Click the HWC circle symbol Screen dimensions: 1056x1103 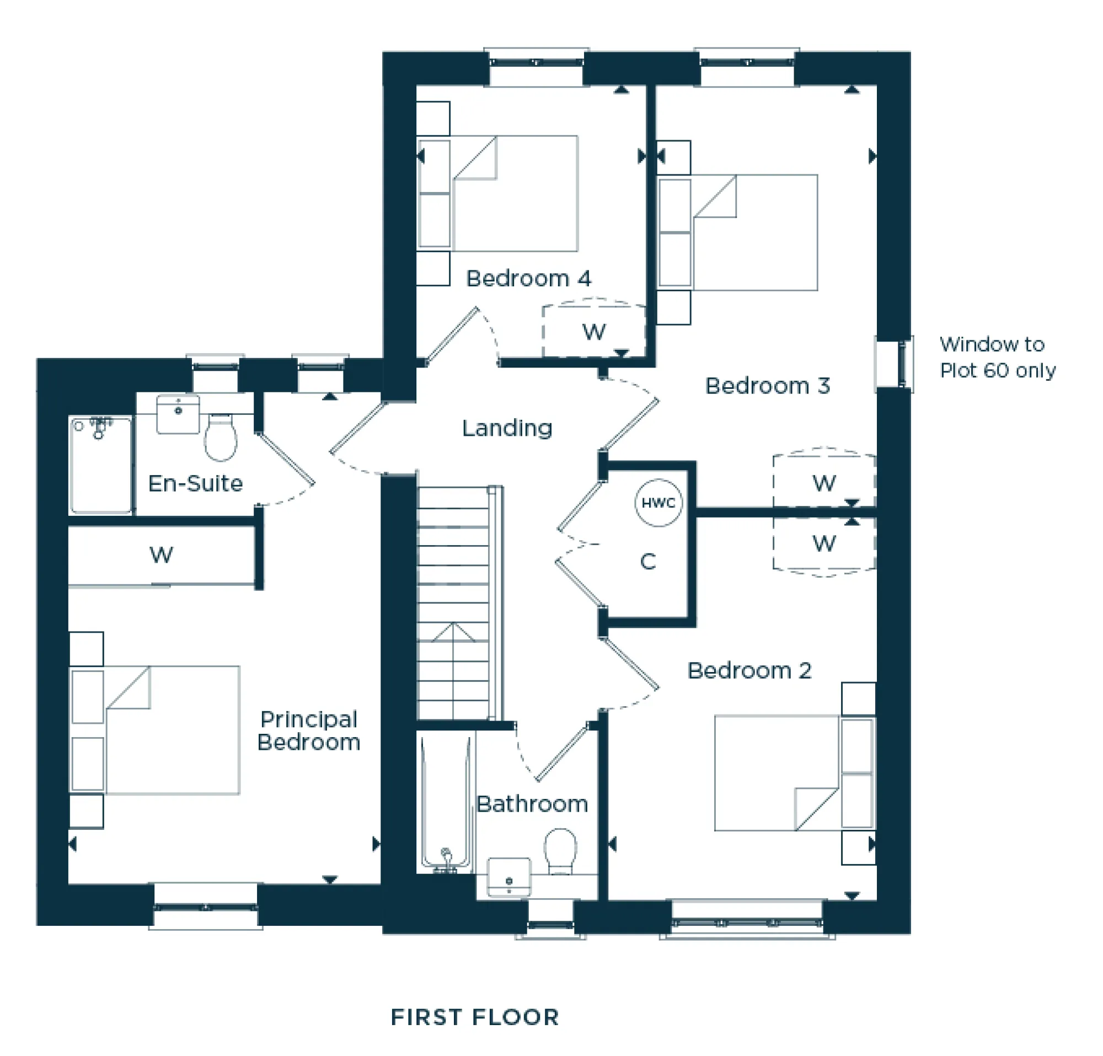point(658,503)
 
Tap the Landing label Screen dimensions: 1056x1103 point(507,428)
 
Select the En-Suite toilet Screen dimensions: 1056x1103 point(221,438)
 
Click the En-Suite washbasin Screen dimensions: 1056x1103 point(178,414)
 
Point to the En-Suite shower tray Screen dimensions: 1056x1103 point(100,465)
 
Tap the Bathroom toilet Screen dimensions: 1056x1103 point(560,851)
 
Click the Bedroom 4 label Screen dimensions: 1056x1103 point(528,279)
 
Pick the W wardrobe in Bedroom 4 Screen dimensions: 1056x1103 point(594,332)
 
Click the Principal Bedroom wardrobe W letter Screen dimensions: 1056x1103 point(161,555)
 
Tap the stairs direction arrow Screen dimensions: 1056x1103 point(453,633)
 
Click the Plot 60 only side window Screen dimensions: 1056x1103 point(895,364)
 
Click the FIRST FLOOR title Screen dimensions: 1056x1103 point(475,1017)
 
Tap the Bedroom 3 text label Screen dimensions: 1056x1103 point(767,386)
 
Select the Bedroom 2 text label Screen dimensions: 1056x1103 point(749,670)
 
